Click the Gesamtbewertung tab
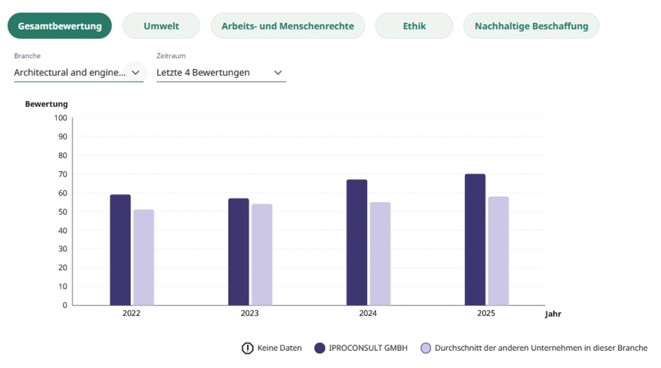point(59,26)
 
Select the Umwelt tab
point(161,26)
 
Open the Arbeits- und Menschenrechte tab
point(287,26)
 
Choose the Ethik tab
point(414,26)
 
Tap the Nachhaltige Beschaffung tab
point(531,26)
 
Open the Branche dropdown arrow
point(135,72)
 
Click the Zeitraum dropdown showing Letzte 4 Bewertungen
point(220,72)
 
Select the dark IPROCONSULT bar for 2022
point(120,250)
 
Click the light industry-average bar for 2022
point(143,257)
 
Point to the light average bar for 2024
point(380,253)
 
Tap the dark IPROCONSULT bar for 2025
point(475,239)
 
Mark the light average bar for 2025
point(498,250)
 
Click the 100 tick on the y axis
point(60,118)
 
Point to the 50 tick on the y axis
point(62,211)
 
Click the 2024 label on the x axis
point(367,313)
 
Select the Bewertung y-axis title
point(46,104)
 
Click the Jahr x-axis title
point(553,314)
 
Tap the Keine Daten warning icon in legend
point(247,348)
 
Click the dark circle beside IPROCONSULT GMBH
point(320,348)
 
